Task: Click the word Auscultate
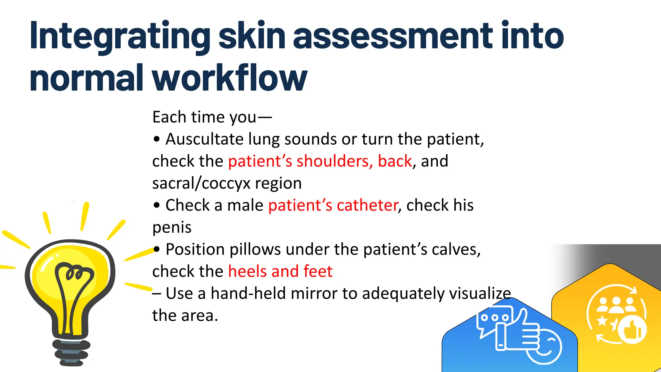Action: [204, 139]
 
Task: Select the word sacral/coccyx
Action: [201, 183]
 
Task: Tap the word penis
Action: [172, 228]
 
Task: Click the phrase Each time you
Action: [204, 117]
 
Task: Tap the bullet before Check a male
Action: [157, 205]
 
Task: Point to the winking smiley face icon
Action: [545, 347]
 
